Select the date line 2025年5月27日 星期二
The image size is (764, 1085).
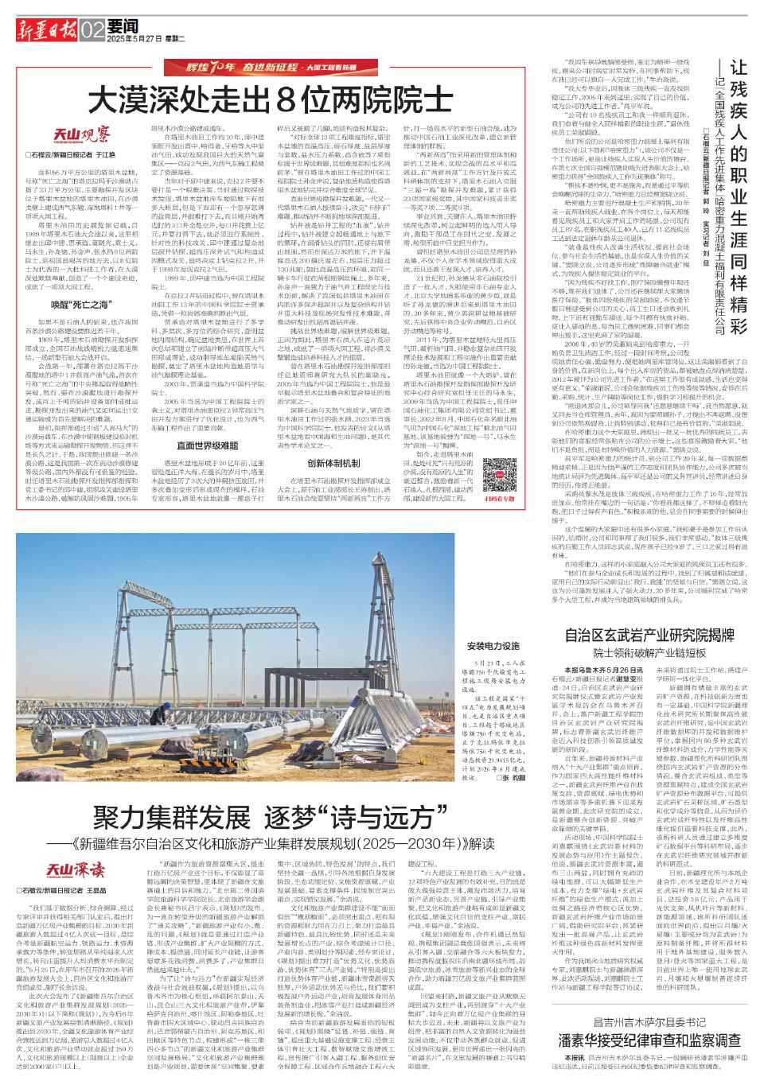click(x=146, y=38)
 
